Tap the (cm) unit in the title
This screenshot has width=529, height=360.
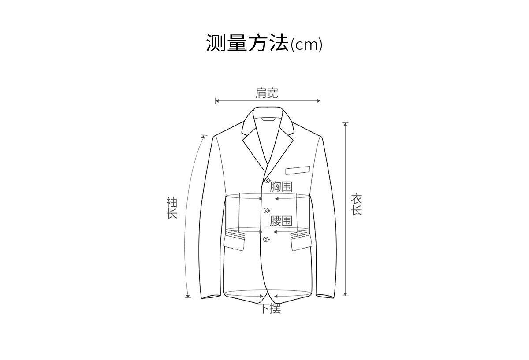tap(306, 45)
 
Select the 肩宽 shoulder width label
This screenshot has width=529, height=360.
tap(267, 93)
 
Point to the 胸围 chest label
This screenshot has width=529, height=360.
tap(281, 186)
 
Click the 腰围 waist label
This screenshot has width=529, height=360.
tap(281, 221)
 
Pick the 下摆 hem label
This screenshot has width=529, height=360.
tap(269, 309)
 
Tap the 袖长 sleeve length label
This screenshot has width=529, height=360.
tap(171, 208)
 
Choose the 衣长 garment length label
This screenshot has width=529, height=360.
tap(356, 205)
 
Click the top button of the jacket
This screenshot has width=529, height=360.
tap(267, 180)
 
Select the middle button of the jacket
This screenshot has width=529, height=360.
tap(266, 211)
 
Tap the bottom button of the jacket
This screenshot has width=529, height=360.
tap(266, 239)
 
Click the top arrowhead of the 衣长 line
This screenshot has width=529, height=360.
tap(346, 124)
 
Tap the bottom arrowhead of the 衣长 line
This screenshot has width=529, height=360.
tap(346, 294)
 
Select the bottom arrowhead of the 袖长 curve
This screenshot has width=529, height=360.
tap(188, 296)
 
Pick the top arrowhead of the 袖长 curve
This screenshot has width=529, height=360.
tap(203, 137)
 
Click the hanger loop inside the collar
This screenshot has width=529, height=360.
tap(267, 119)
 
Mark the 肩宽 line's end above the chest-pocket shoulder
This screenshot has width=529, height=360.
tap(319, 101)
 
